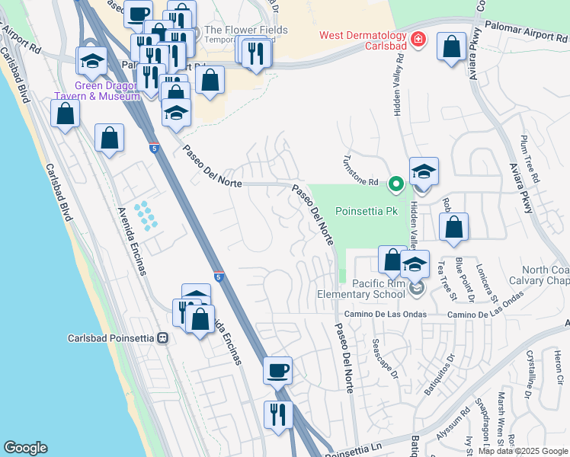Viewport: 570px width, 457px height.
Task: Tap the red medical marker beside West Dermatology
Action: coord(418,39)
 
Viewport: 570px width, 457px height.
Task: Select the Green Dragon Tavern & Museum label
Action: coord(97,91)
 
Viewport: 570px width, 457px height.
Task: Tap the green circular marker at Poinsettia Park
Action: coord(395,184)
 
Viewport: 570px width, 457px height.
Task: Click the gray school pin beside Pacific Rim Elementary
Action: coord(416,288)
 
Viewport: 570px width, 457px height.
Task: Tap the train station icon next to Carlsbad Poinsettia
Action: coord(162,338)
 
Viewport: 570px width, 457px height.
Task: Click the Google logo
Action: coord(25,448)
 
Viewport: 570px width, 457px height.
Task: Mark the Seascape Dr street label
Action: coord(385,356)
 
